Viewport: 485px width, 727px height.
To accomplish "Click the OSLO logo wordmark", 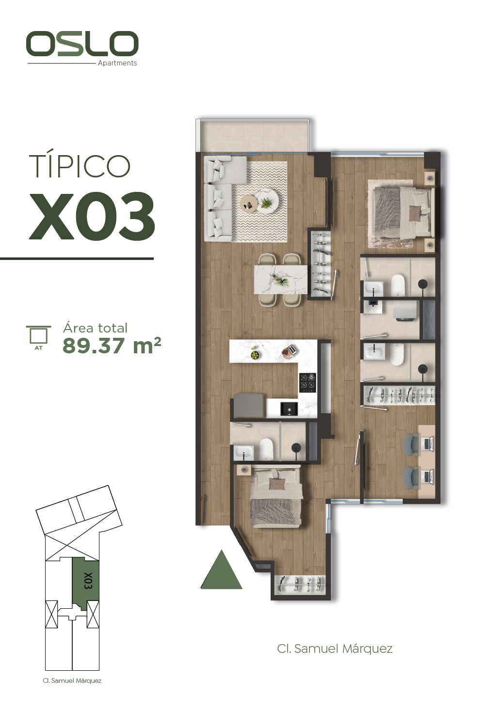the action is (x=82, y=43).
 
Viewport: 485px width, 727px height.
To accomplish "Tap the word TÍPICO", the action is (x=80, y=166).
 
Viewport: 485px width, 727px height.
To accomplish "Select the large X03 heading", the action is (x=92, y=217).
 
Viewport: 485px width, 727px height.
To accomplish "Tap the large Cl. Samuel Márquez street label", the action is (x=335, y=648).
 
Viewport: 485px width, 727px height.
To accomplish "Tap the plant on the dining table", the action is (x=281, y=281).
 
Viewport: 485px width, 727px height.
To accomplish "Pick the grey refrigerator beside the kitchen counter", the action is (x=248, y=405).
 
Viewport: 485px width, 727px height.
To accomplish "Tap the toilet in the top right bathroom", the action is (x=398, y=285).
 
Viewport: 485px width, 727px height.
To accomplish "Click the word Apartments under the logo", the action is (x=117, y=63).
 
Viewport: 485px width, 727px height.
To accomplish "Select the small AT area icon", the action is (x=39, y=337).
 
